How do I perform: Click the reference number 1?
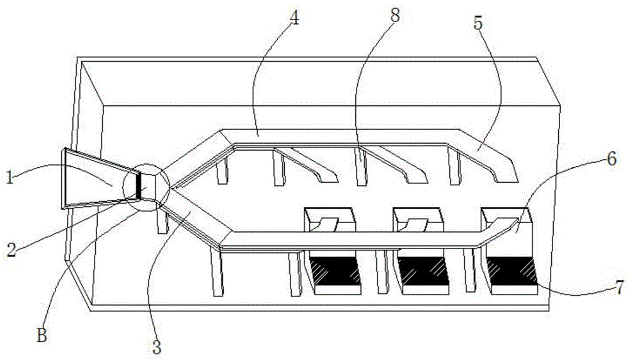tap(10, 177)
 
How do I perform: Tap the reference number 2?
tap(11, 250)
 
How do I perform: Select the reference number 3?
tap(157, 346)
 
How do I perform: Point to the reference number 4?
tap(294, 18)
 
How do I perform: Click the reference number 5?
tap(478, 23)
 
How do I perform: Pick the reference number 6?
tap(611, 160)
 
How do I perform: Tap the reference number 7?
tap(620, 287)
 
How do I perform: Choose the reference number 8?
tap(396, 16)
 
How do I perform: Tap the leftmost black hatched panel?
tap(335, 272)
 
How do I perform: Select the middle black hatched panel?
tap(423, 272)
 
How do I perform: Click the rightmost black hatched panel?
tap(512, 272)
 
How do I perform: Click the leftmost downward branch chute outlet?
tap(329, 178)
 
